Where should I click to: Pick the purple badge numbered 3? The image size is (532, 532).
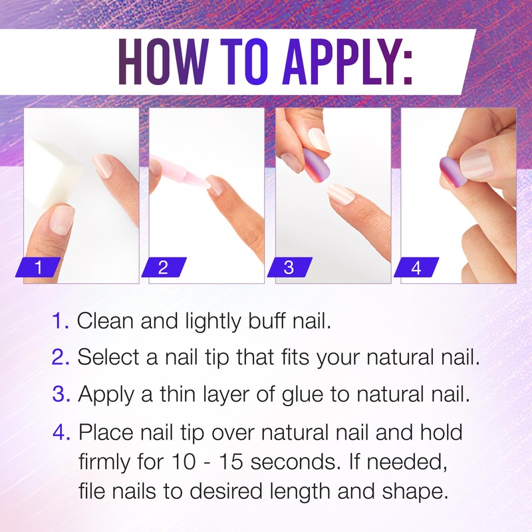(289, 268)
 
